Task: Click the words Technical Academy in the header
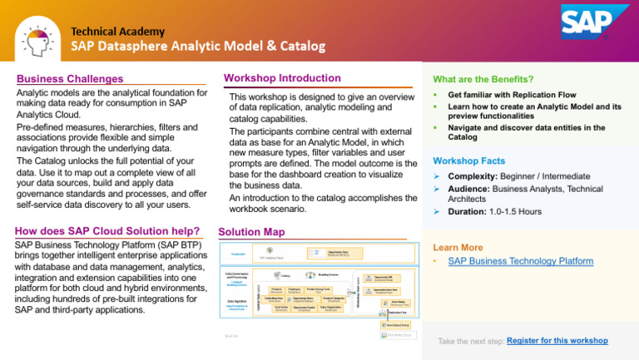pyautogui.click(x=117, y=31)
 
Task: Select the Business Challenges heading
pyautogui.click(x=69, y=79)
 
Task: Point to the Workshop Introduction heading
pyautogui.click(x=282, y=78)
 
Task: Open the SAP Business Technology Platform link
pyautogui.click(x=520, y=261)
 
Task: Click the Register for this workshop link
pyautogui.click(x=557, y=341)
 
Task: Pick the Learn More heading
pyautogui.click(x=457, y=247)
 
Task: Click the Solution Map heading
pyautogui.click(x=250, y=231)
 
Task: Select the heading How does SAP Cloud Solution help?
pyautogui.click(x=107, y=231)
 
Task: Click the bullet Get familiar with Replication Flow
pyautogui.click(x=512, y=95)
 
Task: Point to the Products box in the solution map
pyautogui.click(x=276, y=289)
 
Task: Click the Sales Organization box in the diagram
pyautogui.click(x=330, y=308)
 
